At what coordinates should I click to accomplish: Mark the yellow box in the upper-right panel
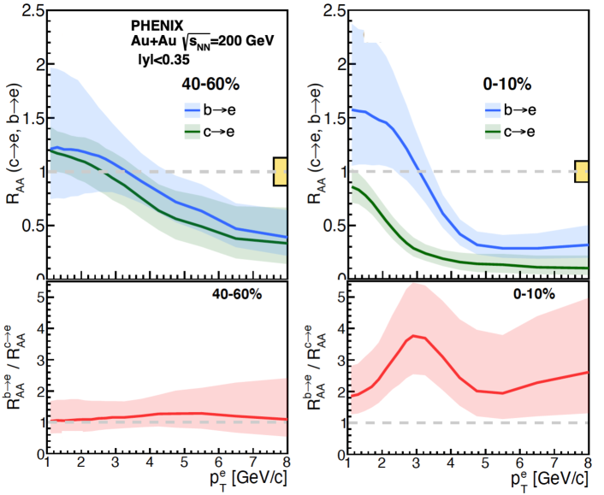[581, 171]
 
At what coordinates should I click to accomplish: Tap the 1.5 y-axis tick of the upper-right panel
[324, 118]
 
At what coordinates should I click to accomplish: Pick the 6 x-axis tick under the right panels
[519, 462]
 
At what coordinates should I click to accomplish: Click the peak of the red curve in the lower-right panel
[414, 336]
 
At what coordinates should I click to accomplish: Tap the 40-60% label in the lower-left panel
[237, 293]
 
